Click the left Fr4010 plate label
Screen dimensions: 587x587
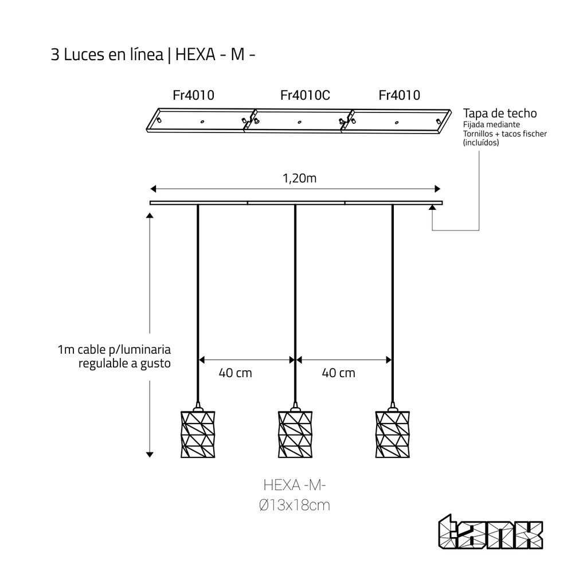point(193,95)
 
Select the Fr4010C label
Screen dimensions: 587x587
point(305,95)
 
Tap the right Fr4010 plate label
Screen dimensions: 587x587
point(399,95)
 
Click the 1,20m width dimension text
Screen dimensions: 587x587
point(299,178)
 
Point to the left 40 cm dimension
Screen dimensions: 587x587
point(235,373)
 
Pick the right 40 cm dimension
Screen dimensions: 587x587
point(338,373)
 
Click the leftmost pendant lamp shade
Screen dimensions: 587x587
point(198,434)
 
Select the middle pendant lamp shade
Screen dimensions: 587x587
point(295,434)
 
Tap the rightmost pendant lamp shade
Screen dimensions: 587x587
point(393,434)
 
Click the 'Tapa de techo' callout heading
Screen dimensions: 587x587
point(500,113)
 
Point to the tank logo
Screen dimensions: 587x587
point(491,534)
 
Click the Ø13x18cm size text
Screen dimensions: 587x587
point(294,506)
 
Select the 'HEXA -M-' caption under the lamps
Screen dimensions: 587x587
point(295,486)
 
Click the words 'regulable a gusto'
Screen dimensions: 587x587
point(124,363)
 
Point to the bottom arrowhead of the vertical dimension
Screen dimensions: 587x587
point(150,454)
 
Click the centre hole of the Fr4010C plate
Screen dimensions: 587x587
point(299,122)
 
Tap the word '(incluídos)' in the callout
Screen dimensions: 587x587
point(481,143)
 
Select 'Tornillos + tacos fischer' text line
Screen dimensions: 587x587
point(505,134)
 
